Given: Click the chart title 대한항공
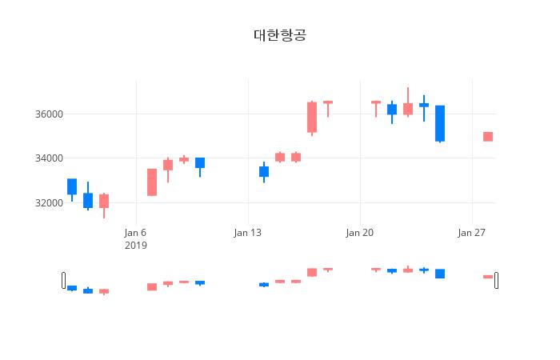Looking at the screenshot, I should coord(279,35).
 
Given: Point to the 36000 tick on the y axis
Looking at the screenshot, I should coord(48,114).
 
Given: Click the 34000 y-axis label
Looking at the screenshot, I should coord(48,158).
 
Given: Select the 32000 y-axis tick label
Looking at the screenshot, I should coord(48,203).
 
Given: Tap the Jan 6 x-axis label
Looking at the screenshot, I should coord(136,233).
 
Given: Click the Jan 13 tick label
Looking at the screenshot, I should coord(248,233).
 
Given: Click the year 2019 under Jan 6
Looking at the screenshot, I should coord(136,246).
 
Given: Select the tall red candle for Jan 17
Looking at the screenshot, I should coord(312,117).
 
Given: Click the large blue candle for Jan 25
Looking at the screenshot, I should coord(440,123).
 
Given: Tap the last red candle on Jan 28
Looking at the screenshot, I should coord(488,137).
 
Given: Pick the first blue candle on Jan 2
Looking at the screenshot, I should coord(72,186).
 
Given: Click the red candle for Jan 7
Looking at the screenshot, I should coord(152,182).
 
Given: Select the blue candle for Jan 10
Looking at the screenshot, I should coord(200,162).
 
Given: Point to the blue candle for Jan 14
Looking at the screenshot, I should coord(264,171).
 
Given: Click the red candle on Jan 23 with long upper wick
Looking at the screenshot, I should coord(408,109).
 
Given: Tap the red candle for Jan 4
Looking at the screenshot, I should coord(104,201).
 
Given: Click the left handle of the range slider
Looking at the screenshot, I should coord(64,280).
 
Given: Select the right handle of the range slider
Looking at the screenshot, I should coord(496,280).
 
